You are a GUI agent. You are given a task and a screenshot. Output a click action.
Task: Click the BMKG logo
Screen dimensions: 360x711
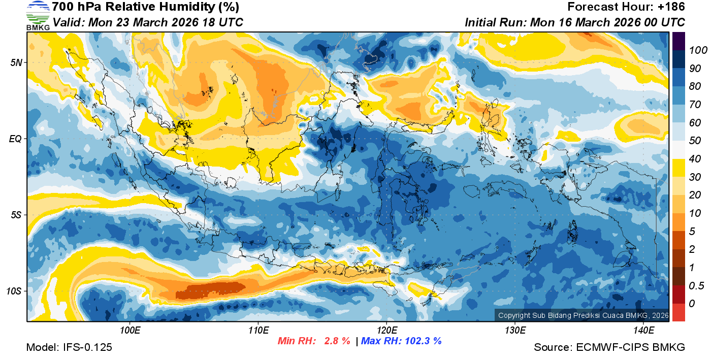(38, 16)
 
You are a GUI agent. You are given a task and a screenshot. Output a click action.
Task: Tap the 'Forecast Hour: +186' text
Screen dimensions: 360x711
(626, 7)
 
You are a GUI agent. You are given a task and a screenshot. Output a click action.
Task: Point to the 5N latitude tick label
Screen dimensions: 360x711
(16, 62)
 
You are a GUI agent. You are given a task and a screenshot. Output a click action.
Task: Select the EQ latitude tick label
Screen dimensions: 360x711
(15, 139)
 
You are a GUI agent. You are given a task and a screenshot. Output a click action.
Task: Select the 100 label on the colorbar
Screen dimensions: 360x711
(694, 50)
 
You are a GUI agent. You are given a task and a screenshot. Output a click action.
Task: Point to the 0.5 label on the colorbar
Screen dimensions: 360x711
(694, 285)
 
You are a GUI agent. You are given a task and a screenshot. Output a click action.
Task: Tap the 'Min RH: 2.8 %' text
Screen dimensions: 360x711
(313, 341)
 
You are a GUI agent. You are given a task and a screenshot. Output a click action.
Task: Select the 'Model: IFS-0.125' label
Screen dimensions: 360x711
(69, 347)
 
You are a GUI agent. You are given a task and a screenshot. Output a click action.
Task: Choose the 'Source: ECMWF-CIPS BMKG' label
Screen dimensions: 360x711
(609, 347)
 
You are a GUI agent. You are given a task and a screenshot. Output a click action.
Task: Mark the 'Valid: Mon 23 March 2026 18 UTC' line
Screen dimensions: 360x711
(148, 22)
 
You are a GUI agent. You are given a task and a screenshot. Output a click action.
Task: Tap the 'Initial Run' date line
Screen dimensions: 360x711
(575, 22)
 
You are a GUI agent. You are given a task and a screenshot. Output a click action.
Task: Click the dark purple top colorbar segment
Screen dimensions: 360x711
(678, 41)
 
